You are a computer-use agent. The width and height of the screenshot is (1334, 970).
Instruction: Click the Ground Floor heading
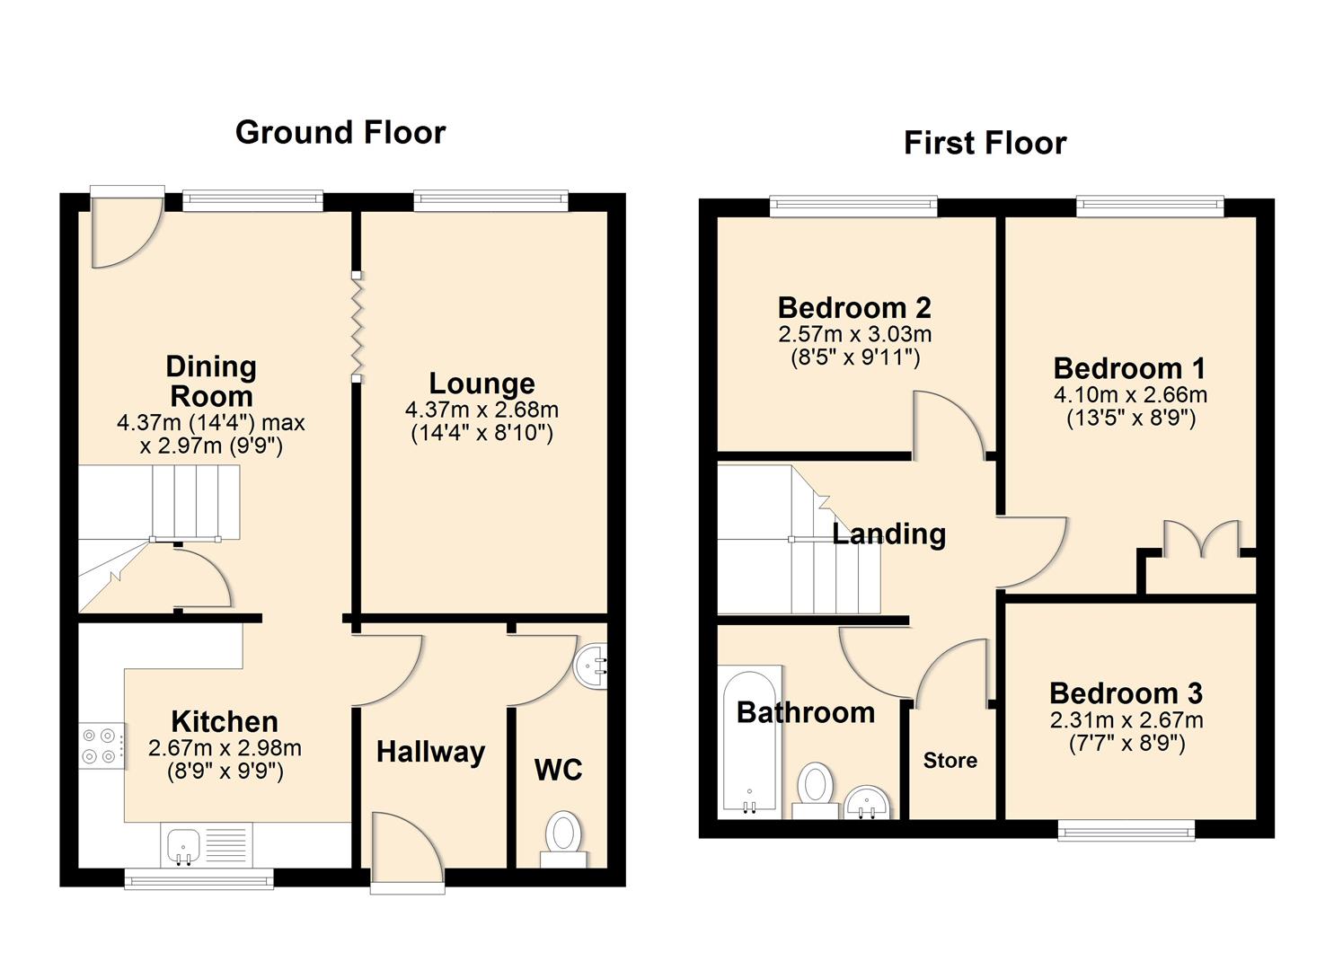tap(340, 133)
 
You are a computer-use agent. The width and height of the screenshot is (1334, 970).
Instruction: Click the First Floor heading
tap(985, 144)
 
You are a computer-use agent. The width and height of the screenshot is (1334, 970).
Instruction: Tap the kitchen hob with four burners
tap(102, 745)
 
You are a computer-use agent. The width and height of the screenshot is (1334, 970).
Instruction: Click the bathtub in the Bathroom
tap(749, 741)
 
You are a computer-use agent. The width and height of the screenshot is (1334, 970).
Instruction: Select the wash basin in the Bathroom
tap(867, 800)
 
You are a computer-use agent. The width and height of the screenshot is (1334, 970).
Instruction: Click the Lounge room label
tap(481, 384)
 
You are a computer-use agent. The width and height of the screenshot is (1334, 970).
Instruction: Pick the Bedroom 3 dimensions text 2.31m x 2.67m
tap(1126, 720)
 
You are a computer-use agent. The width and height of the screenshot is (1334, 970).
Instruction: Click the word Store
tap(950, 761)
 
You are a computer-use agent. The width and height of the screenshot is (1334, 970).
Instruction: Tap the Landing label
tap(888, 534)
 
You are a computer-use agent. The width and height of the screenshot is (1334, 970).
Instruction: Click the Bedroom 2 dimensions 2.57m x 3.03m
tap(854, 335)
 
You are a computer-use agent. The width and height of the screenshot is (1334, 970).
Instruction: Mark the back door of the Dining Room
tap(127, 229)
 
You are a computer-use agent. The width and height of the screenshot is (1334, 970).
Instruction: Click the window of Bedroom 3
tap(1126, 830)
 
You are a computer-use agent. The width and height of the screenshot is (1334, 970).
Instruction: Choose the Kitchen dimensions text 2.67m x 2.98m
tap(225, 748)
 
